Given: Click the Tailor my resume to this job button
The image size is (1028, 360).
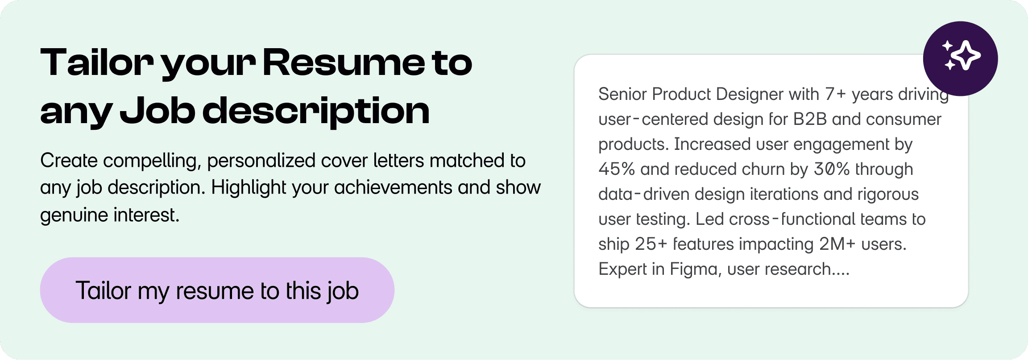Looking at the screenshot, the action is pyautogui.click(x=217, y=290).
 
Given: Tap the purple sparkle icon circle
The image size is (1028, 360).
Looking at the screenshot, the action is pyautogui.click(x=960, y=58).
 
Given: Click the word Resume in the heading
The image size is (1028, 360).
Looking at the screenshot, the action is pyautogui.click(x=344, y=62).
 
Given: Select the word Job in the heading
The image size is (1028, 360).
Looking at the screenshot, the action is pyautogui.click(x=158, y=111).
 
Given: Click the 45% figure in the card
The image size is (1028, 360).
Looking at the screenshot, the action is pyautogui.click(x=617, y=169).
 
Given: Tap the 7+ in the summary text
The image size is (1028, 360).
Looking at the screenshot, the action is pyautogui.click(x=835, y=94).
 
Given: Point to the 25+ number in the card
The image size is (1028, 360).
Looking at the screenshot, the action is pyautogui.click(x=651, y=244).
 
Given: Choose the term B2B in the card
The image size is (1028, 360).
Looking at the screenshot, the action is pyautogui.click(x=810, y=119).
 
